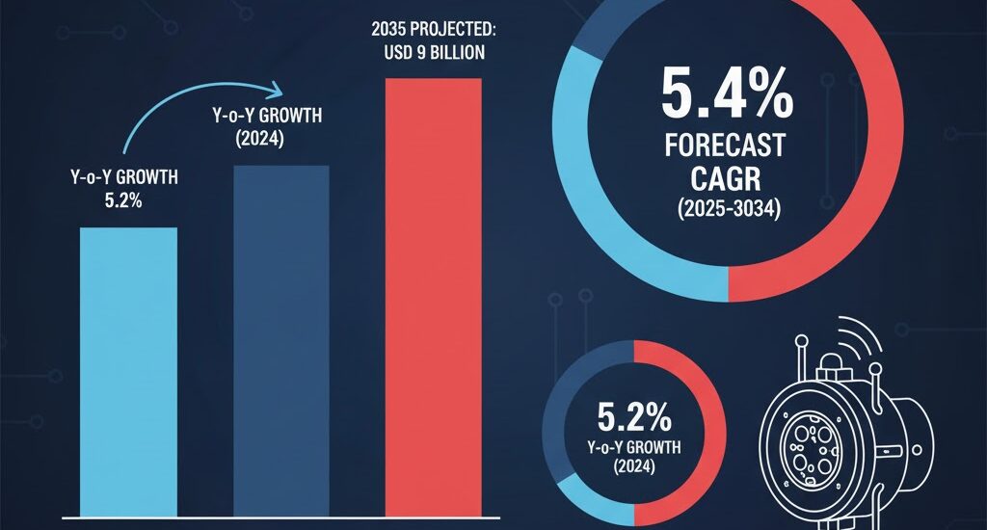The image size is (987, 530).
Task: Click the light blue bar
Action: click(x=128, y=371)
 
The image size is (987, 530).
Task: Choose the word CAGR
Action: click(x=725, y=180)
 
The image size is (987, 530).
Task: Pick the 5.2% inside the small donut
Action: click(x=633, y=417)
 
